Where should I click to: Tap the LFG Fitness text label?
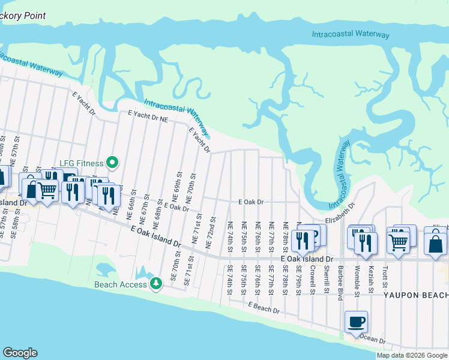[x=82, y=163]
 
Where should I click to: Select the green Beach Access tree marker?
[x=156, y=282]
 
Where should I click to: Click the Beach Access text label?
[x=121, y=284]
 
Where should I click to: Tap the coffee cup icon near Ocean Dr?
[x=356, y=322]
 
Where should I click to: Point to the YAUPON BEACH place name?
[x=415, y=295]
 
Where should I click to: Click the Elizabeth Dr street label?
[x=342, y=213]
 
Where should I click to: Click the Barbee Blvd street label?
[x=340, y=278]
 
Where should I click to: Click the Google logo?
[x=20, y=353]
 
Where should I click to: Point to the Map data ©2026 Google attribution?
[x=411, y=355]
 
